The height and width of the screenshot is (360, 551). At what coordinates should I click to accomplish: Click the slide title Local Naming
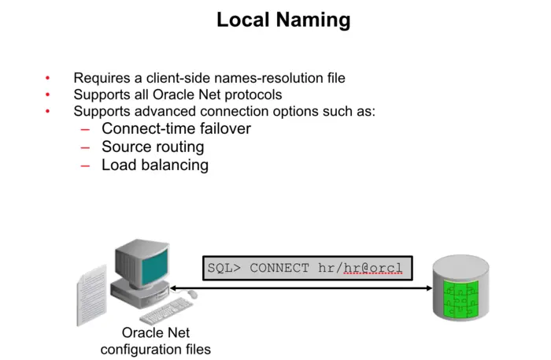(x=283, y=20)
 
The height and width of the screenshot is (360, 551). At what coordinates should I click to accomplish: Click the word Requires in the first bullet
(x=100, y=78)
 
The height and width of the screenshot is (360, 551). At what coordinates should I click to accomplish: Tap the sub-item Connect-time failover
(x=176, y=128)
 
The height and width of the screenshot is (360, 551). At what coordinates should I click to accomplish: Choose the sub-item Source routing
(x=153, y=147)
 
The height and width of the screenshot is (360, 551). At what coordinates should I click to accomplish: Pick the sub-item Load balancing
(x=154, y=165)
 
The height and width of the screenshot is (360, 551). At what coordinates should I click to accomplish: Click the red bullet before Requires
(x=47, y=78)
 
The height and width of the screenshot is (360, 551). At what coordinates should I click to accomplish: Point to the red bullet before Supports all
(x=47, y=95)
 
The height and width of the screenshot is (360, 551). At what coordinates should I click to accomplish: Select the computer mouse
(x=191, y=295)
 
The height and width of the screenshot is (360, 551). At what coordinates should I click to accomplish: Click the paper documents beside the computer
(x=92, y=295)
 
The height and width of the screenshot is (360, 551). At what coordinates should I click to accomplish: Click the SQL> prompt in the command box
(x=225, y=268)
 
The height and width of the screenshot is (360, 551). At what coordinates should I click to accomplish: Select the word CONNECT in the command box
(x=279, y=268)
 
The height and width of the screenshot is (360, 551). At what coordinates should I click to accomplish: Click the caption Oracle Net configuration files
(x=156, y=341)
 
